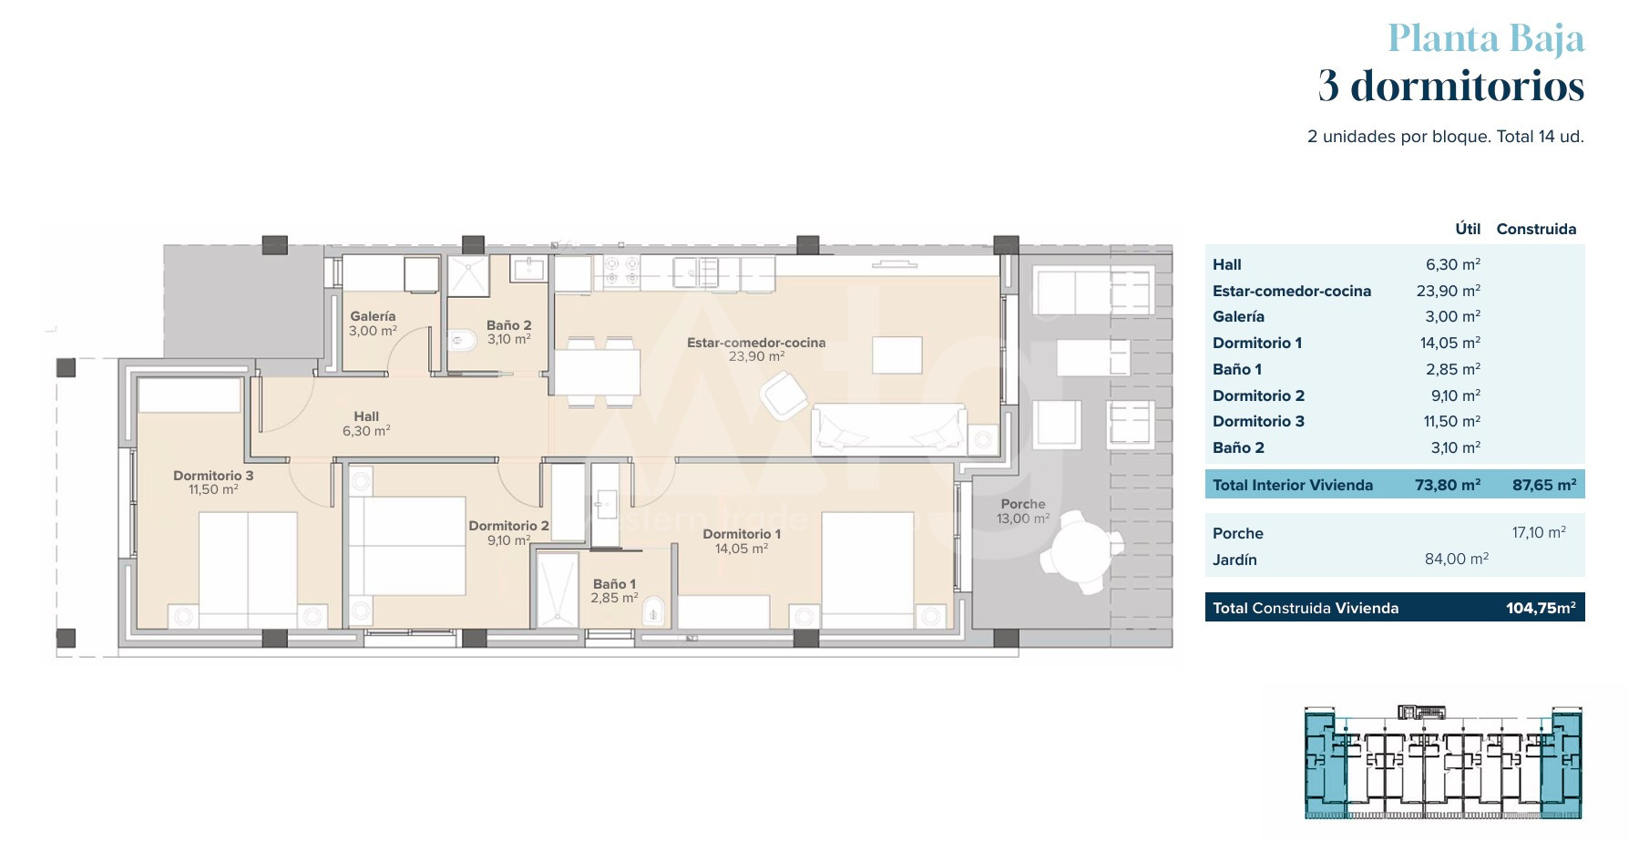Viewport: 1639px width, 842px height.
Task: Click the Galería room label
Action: tap(373, 316)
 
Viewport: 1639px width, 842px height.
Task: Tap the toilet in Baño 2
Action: tap(462, 341)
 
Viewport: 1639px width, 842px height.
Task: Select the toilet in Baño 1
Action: tap(654, 611)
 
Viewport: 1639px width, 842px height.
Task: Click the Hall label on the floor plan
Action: tap(366, 416)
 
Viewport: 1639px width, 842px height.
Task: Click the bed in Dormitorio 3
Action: tap(248, 570)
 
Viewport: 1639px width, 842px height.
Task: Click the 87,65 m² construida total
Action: tap(1544, 485)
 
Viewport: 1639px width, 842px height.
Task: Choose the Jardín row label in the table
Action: tap(1234, 560)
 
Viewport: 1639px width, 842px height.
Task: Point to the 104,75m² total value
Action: tap(1541, 608)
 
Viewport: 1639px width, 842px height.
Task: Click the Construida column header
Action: tap(1536, 229)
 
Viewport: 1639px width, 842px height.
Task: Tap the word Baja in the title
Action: tap(1547, 38)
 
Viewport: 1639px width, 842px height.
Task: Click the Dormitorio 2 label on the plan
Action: tap(508, 526)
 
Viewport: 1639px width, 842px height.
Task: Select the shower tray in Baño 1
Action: tap(556, 590)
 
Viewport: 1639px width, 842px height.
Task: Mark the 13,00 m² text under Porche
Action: tap(1023, 519)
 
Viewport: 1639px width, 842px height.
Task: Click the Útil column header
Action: tap(1468, 229)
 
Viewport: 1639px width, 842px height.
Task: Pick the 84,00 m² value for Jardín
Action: tap(1457, 559)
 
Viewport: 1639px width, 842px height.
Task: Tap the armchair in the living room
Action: tap(784, 396)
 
